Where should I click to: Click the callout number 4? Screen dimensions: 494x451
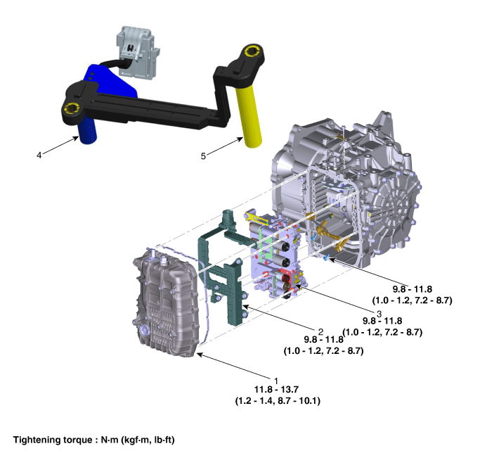[x=39, y=155]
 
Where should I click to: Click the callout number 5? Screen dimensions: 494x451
[x=203, y=156]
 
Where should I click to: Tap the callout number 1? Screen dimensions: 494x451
[x=276, y=381]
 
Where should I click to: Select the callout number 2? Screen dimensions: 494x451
[x=320, y=331]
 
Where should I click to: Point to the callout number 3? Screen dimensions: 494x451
[x=379, y=314]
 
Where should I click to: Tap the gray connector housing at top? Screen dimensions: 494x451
[x=137, y=51]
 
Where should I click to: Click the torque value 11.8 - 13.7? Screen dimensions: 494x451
[x=276, y=390]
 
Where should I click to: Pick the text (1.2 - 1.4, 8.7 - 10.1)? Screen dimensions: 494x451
[x=278, y=401]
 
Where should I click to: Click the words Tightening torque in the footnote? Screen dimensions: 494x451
[x=53, y=440]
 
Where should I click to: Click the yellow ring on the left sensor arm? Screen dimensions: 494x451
[x=72, y=108]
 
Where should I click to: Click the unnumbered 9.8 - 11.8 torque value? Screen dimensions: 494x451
[x=412, y=289]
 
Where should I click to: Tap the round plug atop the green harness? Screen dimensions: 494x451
[x=228, y=217]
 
